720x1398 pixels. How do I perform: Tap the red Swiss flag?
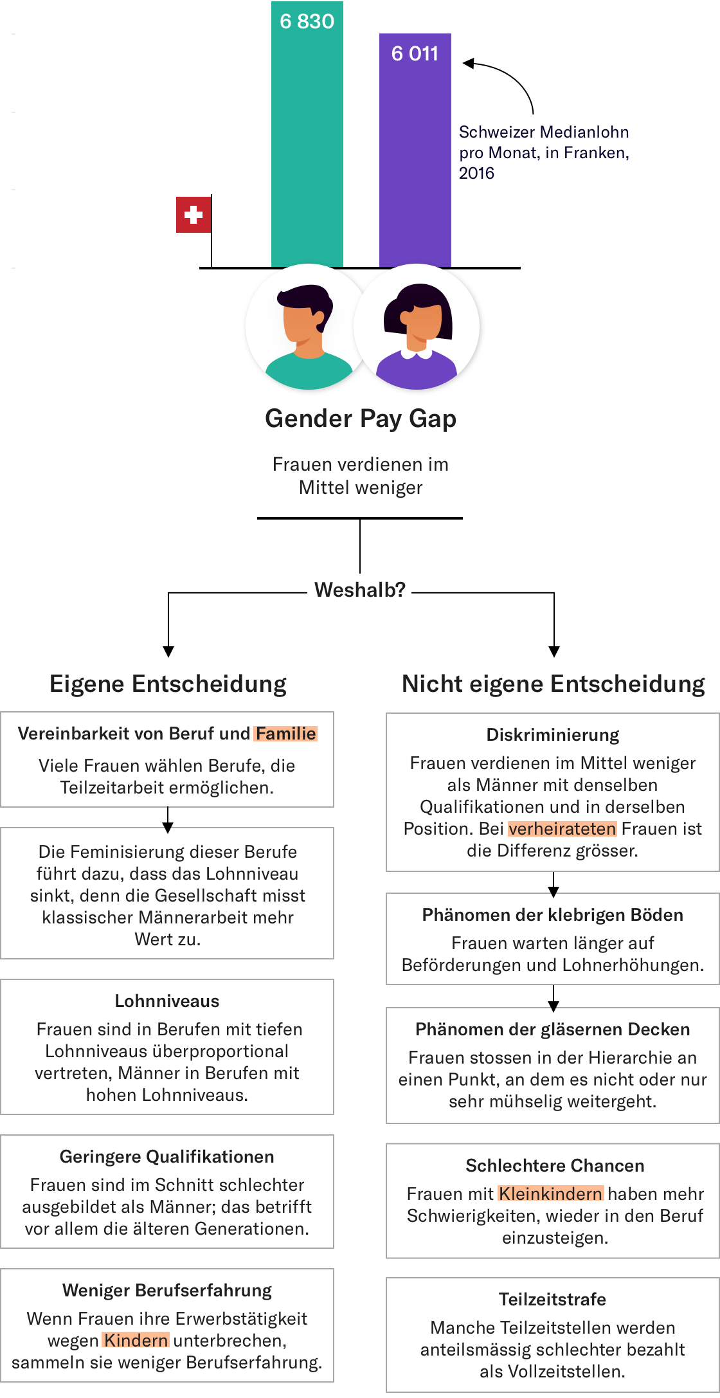coord(194,215)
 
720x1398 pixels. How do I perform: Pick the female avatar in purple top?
coord(417,327)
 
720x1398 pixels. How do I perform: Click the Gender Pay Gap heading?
coord(361,419)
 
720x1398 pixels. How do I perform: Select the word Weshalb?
coord(360,590)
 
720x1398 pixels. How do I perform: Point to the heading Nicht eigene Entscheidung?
coord(553,684)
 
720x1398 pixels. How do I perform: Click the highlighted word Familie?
coord(285,734)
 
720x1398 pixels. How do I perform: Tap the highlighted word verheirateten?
coord(562,829)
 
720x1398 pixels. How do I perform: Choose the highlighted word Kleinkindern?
coord(551,1194)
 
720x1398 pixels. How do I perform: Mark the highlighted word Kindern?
coord(136,1341)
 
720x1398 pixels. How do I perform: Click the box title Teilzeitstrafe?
coord(553,1300)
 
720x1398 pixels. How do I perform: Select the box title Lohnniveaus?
coord(167,1001)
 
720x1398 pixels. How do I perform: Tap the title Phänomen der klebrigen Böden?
coord(553,915)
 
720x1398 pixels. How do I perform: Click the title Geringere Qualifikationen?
coord(167,1157)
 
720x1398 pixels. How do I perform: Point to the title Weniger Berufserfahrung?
coord(167,1291)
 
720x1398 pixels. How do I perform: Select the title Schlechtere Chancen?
coord(555,1166)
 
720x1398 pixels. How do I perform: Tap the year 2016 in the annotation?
coord(476,174)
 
